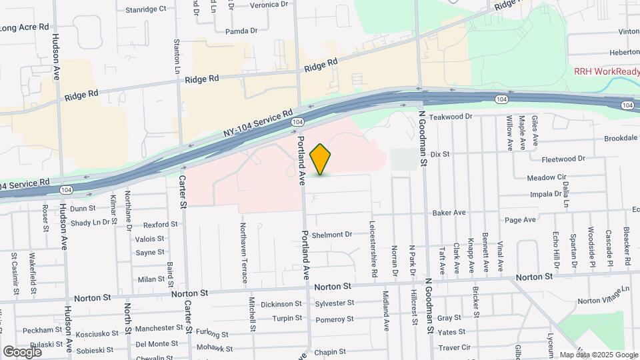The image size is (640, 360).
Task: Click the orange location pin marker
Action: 320,159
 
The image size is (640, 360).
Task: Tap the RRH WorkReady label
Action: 606,71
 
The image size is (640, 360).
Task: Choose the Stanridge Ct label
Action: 146,9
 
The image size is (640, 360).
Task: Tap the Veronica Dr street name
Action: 254,3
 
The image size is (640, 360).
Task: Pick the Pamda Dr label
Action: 241,31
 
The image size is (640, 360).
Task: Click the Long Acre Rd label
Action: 25,27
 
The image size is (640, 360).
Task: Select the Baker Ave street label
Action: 448,213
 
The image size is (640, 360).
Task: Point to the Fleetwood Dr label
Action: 563,159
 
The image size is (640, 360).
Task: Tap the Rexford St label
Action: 161,225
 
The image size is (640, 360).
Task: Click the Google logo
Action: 22,351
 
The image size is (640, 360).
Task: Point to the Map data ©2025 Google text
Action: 598,355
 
